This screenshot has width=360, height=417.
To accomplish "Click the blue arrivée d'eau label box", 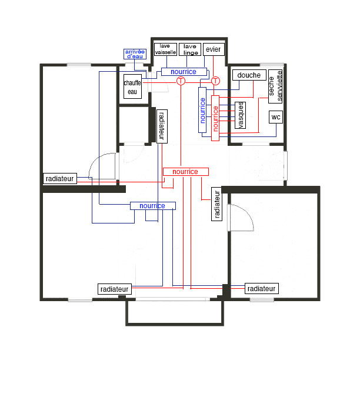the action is coord(135,54).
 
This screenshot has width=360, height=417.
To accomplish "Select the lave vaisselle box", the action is coord(165,49).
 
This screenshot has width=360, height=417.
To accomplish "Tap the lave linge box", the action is coord(190,49).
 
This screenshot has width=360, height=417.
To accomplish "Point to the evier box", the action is coord(214,49).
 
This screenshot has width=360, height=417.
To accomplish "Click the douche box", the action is coord(249,75).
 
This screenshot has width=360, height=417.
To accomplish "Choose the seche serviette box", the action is coord(275,86).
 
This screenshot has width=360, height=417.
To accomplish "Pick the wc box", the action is coord(276,117).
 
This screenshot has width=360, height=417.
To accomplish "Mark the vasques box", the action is coord(240,115).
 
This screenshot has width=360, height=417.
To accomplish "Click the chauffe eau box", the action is coord(132,86).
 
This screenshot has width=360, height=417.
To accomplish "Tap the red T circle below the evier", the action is coord(215,81).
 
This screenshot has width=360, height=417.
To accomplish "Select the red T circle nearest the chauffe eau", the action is coord(181,81).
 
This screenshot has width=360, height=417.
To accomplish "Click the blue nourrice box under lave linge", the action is coord(184,72).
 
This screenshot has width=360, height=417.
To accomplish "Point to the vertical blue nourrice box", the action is coord(202,110).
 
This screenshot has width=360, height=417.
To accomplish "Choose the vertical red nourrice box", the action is coord(215,118).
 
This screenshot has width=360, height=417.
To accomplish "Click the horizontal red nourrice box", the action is coord(186,172).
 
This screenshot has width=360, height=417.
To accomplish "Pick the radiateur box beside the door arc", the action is coord(60,178).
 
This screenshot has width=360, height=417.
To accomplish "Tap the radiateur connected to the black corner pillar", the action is coord(262,289).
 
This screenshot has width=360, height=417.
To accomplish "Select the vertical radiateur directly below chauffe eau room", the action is coord(162,126).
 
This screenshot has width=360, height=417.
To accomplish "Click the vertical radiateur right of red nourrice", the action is coord(216,204).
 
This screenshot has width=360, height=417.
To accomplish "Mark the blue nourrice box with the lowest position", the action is coord(153,206).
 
